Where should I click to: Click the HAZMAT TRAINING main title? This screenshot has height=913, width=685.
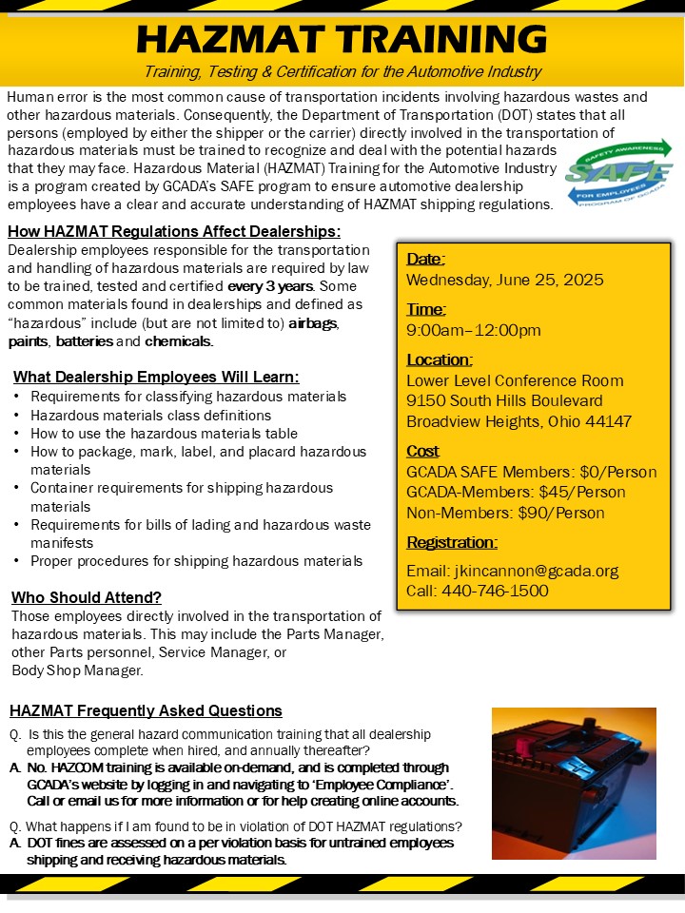(342, 39)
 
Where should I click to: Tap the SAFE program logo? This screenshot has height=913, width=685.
(617, 173)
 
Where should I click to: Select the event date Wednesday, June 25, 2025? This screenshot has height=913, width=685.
(505, 280)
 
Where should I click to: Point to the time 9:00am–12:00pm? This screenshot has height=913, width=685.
(474, 330)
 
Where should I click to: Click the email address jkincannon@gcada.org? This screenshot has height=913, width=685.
(512, 571)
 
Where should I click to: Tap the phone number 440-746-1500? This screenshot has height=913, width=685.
(477, 591)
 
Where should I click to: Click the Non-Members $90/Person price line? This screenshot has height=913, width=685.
(505, 514)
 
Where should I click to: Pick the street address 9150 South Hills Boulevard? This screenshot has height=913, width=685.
(504, 400)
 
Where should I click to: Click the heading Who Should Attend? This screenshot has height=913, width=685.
(87, 597)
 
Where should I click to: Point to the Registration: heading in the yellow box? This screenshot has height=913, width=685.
(452, 543)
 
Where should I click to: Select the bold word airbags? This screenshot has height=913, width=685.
(313, 322)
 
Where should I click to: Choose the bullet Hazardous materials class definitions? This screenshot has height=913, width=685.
(151, 415)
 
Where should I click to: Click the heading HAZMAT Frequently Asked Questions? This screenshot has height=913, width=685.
(146, 710)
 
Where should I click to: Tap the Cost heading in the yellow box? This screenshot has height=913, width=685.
(423, 451)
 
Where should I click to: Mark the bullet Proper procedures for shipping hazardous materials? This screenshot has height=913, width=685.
(196, 561)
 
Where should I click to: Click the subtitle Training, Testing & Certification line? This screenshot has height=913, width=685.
(342, 72)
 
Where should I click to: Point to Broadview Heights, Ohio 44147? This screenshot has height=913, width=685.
(519, 421)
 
